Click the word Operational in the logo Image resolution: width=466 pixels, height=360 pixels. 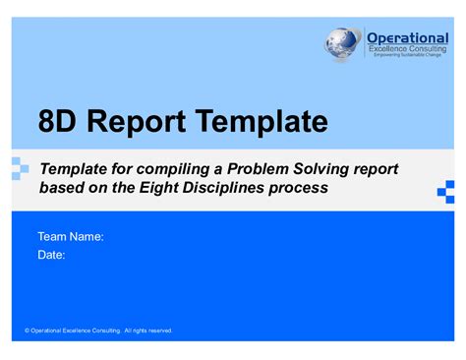point(406,37)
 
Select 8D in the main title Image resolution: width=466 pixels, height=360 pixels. point(57,122)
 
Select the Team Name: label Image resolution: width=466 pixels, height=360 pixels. point(71,237)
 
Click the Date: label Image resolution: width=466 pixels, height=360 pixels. point(51,255)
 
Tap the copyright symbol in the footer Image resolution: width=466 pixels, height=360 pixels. point(28,330)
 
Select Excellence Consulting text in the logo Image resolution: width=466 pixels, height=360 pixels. point(406,48)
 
